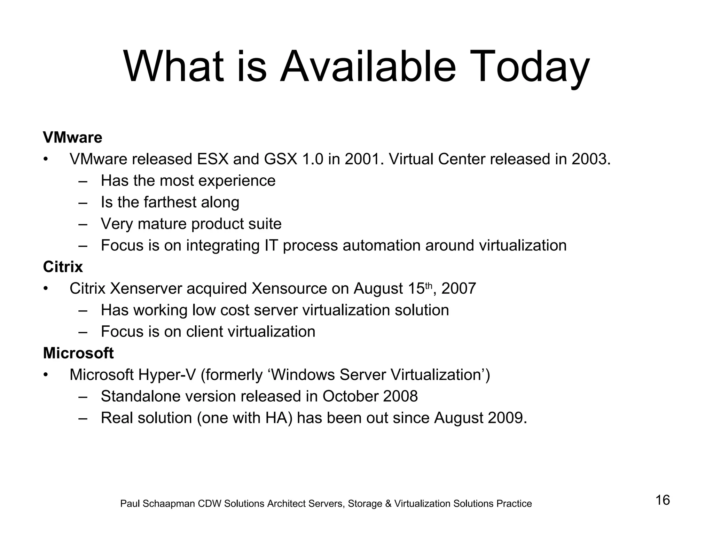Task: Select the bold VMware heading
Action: click(x=72, y=138)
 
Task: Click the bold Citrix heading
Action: click(x=63, y=267)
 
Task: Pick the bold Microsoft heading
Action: click(x=78, y=353)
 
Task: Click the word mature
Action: click(x=162, y=224)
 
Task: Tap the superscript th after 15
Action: click(x=429, y=286)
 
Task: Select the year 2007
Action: click(x=459, y=289)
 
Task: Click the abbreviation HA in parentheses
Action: click(x=278, y=418)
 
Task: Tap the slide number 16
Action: click(x=663, y=500)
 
